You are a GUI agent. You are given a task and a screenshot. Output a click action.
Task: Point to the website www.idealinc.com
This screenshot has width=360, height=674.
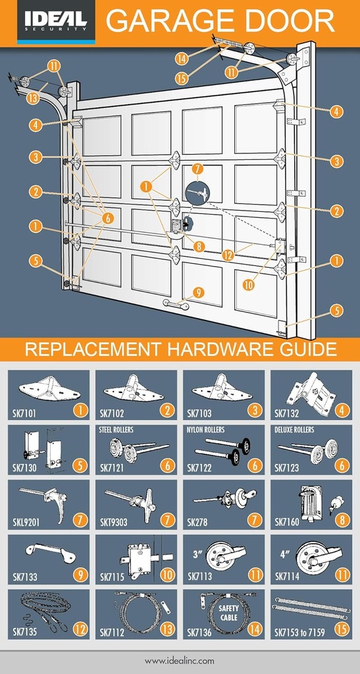pos(180,660)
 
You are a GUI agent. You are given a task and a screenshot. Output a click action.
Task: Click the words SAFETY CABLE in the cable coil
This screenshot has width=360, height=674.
pos(229,613)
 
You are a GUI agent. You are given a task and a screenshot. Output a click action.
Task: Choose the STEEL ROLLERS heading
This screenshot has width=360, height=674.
pos(116,430)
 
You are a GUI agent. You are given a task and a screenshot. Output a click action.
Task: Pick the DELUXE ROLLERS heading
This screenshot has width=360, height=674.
pos(294,430)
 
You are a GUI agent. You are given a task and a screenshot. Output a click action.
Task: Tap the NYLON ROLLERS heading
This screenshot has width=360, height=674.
pos(206,430)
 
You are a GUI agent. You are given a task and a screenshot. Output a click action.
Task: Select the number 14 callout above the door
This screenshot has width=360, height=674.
pos(182,58)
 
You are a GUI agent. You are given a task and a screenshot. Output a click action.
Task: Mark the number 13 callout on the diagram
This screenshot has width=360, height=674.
pos(32,98)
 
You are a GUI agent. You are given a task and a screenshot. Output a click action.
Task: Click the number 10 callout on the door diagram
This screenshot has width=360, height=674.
pos(248,285)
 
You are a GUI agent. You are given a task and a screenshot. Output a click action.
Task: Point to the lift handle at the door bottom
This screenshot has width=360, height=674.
pos(176,304)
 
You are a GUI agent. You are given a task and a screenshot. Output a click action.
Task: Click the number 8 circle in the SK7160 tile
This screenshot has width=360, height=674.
pos(342,520)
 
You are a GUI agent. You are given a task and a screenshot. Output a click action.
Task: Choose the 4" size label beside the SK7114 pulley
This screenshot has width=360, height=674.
pos(284,554)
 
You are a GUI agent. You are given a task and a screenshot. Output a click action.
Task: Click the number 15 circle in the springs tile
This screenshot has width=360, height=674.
pos(342,629)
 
